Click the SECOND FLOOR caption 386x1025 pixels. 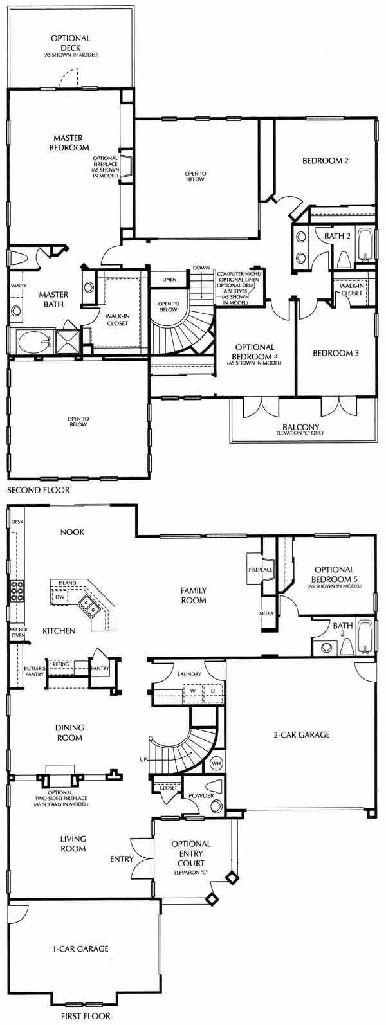(x=39, y=490)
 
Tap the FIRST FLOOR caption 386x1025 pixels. (x=86, y=1016)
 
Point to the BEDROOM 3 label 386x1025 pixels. (x=336, y=353)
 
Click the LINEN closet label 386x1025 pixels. (x=169, y=280)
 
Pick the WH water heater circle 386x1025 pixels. (x=216, y=764)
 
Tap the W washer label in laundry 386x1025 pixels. (x=193, y=691)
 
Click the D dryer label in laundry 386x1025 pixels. (x=212, y=691)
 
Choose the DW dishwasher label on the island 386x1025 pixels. (x=60, y=597)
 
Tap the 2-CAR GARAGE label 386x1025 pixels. (x=301, y=735)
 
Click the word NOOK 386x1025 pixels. (x=72, y=532)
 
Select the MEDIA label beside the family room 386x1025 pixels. (x=266, y=613)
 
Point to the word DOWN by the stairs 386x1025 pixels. (x=201, y=268)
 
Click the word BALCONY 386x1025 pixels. (x=301, y=428)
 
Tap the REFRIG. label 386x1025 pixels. (x=60, y=664)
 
